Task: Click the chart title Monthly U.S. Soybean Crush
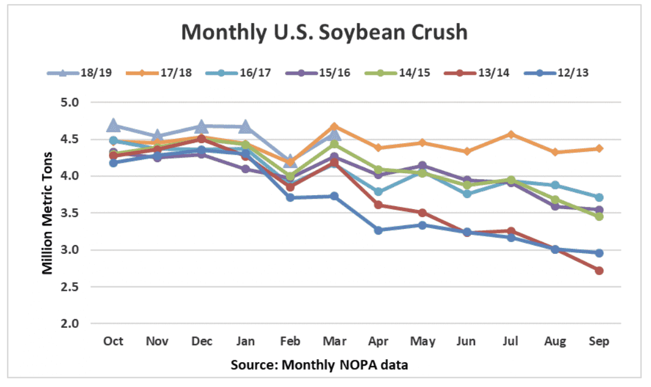(324, 32)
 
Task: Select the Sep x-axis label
(599, 341)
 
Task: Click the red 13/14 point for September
(599, 271)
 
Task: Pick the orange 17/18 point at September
(599, 149)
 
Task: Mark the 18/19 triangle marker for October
(114, 126)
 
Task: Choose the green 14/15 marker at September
(599, 216)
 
